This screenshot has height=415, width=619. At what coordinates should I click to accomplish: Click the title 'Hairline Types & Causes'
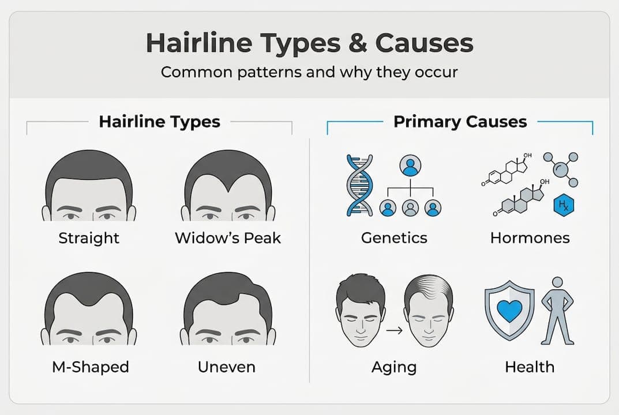[x=309, y=44]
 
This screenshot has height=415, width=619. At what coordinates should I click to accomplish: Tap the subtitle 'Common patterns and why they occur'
[x=309, y=73]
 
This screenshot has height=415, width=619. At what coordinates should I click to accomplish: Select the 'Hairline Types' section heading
[x=159, y=122]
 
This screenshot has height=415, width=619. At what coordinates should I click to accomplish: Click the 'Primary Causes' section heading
[x=460, y=122]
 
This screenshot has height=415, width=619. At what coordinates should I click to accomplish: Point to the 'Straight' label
[x=89, y=237]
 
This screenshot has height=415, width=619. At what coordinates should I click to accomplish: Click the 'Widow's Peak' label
[x=228, y=237]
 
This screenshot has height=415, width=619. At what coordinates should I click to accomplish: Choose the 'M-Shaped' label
[x=89, y=367]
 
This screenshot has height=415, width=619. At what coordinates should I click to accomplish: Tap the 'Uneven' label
[x=226, y=367]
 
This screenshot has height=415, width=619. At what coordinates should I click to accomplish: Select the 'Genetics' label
[x=394, y=237]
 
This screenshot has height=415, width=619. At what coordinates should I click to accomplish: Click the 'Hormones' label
[x=530, y=237]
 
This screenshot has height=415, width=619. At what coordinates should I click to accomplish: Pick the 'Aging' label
[x=394, y=367]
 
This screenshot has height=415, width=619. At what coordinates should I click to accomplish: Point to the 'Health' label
[x=530, y=367]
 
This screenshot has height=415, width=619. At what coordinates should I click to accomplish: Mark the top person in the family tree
[x=410, y=166]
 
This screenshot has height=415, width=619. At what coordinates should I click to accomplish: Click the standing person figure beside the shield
[x=557, y=311]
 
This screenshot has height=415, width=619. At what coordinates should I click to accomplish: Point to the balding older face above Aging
[x=429, y=311]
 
